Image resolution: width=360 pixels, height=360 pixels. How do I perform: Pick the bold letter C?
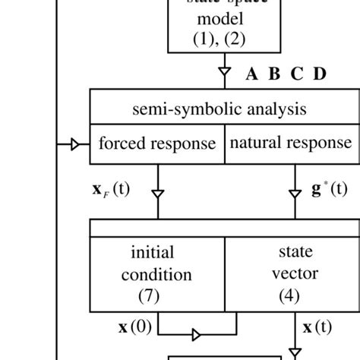pyautogui.click(x=297, y=74)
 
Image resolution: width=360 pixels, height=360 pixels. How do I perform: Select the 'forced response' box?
pyautogui.click(x=157, y=144)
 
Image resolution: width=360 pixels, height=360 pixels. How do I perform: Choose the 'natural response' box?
pyautogui.click(x=291, y=144)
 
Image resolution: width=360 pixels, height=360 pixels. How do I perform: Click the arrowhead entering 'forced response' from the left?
pyautogui.click(x=75, y=144)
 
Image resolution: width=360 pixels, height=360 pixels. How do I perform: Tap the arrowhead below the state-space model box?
pyautogui.click(x=224, y=74)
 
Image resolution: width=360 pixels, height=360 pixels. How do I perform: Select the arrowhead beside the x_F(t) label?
pyautogui.click(x=157, y=194)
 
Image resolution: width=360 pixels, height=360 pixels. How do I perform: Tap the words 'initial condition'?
pyautogui.click(x=157, y=263)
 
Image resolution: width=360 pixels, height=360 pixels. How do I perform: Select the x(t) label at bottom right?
pyautogui.click(x=317, y=329)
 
